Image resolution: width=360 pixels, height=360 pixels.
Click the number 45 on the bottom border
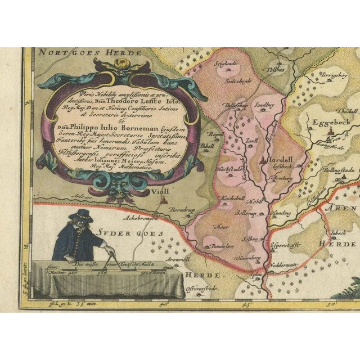point(246,305)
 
